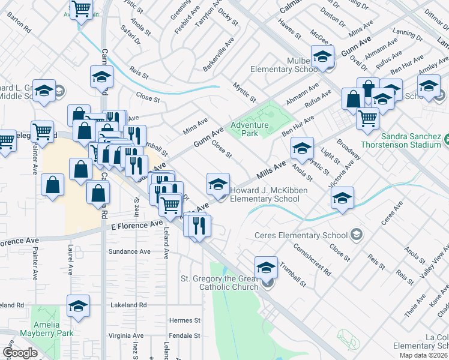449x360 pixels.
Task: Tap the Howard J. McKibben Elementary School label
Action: [265, 194]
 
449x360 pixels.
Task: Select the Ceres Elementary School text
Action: [301, 235]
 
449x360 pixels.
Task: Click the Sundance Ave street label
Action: [128, 252]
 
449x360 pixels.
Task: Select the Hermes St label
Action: [184, 320]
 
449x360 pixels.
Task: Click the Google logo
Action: [20, 353]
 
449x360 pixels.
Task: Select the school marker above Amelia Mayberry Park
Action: [78, 306]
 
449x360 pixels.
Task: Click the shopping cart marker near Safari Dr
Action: [81, 10]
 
